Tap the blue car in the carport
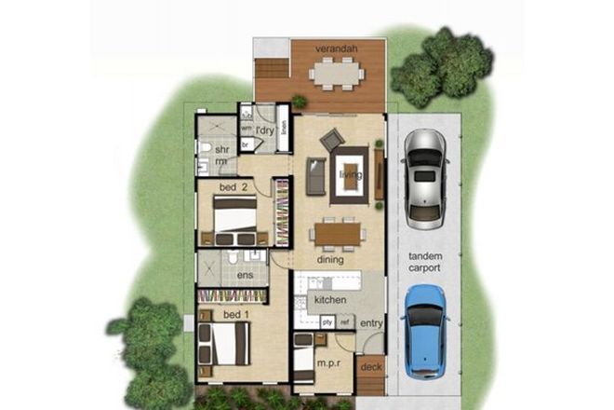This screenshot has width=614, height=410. (425, 328)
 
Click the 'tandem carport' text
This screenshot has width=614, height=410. (425, 262)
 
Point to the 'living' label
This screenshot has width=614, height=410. (350, 174)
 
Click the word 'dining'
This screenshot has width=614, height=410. (330, 260)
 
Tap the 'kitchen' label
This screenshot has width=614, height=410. (330, 300)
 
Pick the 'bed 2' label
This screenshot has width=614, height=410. (233, 187)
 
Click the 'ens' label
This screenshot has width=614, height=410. (246, 276)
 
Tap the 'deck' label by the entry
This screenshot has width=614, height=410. (371, 367)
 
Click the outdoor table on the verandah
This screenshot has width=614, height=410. (336, 72)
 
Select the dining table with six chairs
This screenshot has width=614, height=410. (336, 232)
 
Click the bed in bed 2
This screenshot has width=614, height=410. (234, 219)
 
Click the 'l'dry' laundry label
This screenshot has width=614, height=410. (264, 131)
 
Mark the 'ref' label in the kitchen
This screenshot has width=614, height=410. (344, 322)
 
